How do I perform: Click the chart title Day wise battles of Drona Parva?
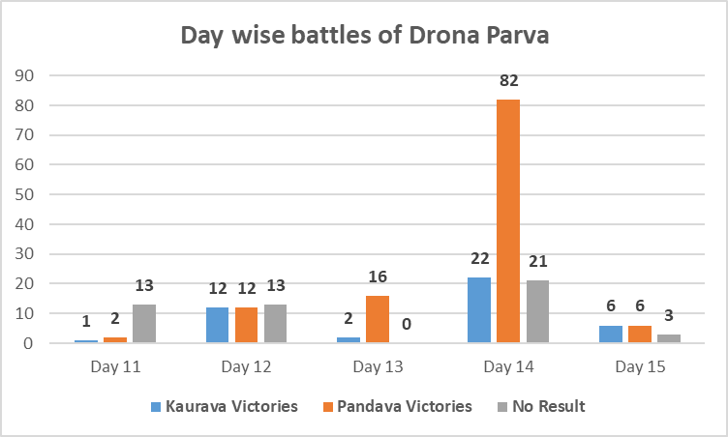click(363, 38)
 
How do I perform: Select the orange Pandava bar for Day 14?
click(508, 221)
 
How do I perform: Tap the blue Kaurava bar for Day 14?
click(479, 310)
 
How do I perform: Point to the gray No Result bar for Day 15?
click(669, 338)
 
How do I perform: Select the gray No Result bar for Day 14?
click(537, 311)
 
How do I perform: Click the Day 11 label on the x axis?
click(115, 367)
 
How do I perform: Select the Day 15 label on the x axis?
click(640, 367)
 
